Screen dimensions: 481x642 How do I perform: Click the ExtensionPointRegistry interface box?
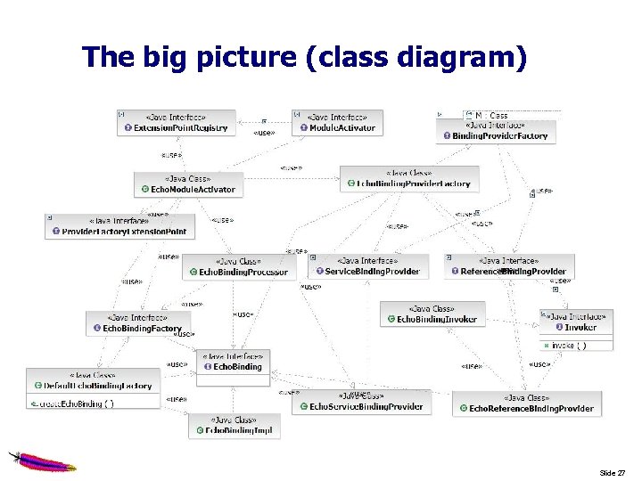pos(176,123)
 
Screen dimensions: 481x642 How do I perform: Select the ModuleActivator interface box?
pos(337,123)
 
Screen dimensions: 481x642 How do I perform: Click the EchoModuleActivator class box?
pos(187,184)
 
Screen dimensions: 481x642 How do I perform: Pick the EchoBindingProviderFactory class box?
pos(408,178)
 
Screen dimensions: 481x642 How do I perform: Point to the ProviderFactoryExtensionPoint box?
pos(118,226)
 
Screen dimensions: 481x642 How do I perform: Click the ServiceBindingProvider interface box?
pos(367,266)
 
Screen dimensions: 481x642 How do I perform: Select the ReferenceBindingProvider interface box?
pos(509,266)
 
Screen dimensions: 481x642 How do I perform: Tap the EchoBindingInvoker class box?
pos(433,314)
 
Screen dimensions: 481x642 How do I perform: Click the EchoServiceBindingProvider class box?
pos(361,402)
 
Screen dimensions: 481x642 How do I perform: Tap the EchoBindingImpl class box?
pos(235,426)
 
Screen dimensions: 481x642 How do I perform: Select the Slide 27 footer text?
pos(612,472)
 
